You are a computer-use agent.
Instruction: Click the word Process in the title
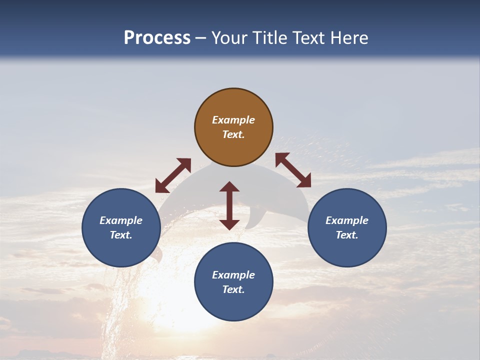coord(157,38)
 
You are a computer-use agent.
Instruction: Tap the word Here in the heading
coord(349,38)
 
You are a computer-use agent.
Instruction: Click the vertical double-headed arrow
coord(229,205)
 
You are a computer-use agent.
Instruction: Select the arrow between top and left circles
coord(173,175)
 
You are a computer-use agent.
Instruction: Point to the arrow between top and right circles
coord(293,170)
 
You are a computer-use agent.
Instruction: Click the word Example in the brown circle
coord(233,120)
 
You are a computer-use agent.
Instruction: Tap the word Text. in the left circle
coord(121,235)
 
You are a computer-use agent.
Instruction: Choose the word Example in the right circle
coord(347,220)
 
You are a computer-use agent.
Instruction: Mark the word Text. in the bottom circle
coord(233,289)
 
